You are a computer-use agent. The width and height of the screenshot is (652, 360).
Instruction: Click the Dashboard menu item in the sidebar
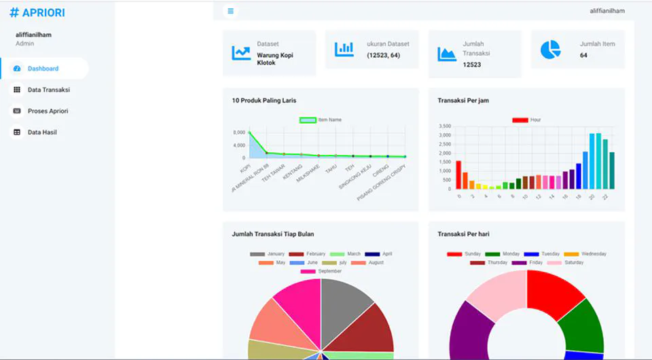(43, 69)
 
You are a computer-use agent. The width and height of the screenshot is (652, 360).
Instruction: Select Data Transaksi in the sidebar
(48, 90)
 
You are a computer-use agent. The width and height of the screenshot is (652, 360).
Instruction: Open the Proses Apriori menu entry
(48, 111)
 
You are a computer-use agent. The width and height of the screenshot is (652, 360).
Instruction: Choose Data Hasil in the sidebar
(42, 132)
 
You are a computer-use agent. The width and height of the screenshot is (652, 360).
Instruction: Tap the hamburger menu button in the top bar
(231, 11)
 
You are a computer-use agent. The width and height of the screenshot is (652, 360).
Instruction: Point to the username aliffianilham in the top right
(607, 11)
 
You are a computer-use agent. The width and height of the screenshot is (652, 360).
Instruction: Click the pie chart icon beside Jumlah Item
(550, 50)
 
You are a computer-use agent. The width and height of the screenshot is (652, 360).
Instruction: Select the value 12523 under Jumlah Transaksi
(472, 65)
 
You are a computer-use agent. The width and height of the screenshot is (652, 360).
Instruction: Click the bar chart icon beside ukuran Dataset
(344, 49)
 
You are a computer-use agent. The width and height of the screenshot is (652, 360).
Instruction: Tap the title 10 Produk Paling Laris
(264, 101)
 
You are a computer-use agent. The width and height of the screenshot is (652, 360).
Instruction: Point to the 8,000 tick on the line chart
(239, 132)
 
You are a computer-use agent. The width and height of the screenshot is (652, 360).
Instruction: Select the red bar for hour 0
(458, 175)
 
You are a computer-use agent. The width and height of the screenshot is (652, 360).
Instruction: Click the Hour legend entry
(526, 120)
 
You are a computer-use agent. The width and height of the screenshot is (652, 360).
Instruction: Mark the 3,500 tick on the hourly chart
(445, 126)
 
